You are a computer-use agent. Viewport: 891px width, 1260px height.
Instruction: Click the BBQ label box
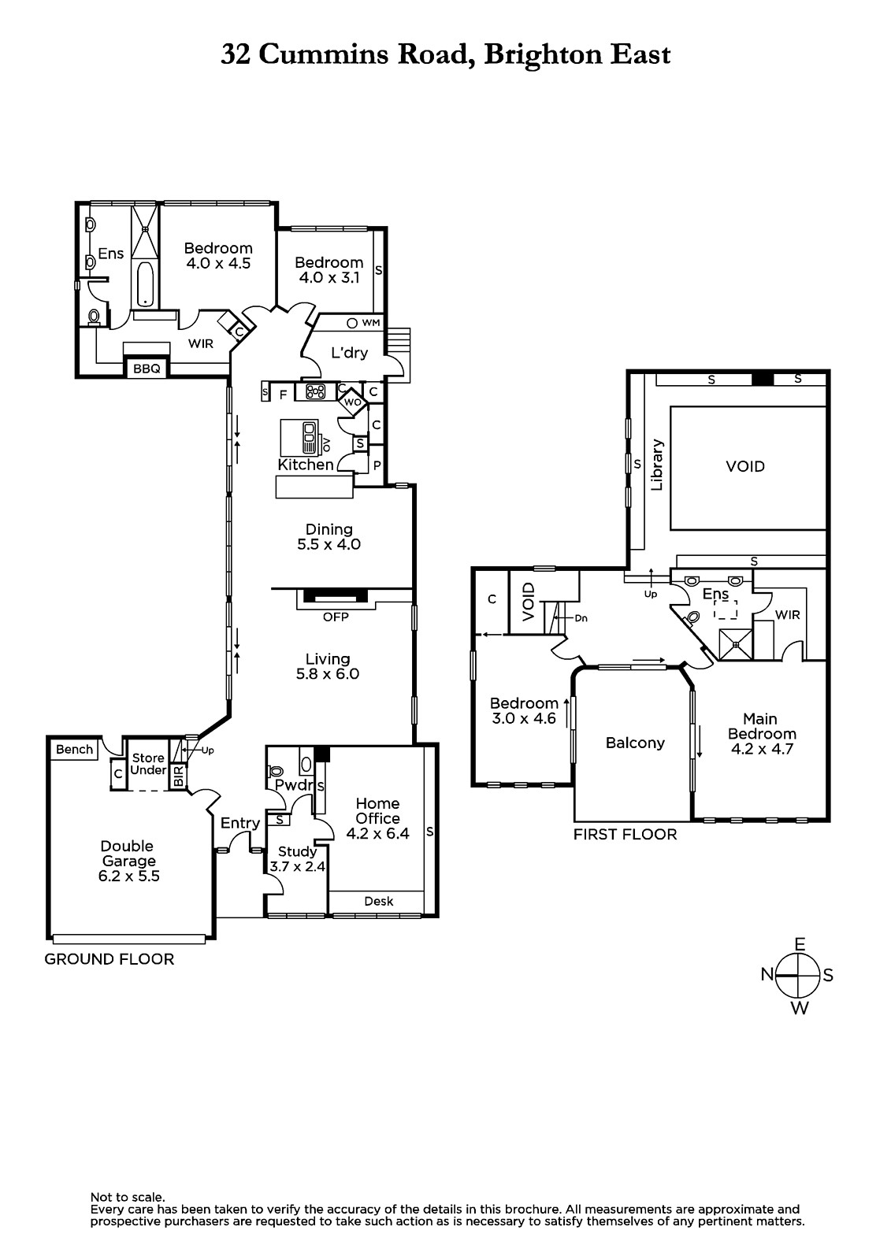click(147, 369)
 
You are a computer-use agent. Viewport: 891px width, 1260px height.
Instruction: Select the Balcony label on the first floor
click(635, 743)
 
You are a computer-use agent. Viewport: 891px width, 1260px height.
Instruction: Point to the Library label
click(657, 465)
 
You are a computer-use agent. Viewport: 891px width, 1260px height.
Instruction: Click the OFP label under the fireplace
click(336, 617)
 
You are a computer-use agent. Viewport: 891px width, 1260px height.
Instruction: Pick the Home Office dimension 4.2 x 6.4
click(377, 834)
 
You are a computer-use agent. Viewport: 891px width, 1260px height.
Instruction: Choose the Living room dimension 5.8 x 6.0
click(328, 674)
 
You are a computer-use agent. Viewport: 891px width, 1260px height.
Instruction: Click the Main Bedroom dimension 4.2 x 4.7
click(762, 749)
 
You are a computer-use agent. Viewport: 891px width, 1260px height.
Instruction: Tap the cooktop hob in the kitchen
click(316, 391)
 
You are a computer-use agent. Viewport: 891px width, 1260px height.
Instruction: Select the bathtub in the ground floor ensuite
click(145, 284)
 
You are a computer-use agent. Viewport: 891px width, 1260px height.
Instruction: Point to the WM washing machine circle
click(352, 323)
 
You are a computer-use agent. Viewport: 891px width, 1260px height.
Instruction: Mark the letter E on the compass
click(800, 944)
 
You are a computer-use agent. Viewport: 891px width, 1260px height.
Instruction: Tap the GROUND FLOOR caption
click(110, 959)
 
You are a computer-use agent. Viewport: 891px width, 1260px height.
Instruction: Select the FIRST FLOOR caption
click(625, 834)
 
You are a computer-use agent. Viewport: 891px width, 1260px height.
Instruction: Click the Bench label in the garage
click(74, 749)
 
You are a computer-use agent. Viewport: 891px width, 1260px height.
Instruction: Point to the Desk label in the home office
click(378, 901)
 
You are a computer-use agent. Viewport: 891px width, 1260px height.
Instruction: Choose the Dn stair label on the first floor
click(581, 618)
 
